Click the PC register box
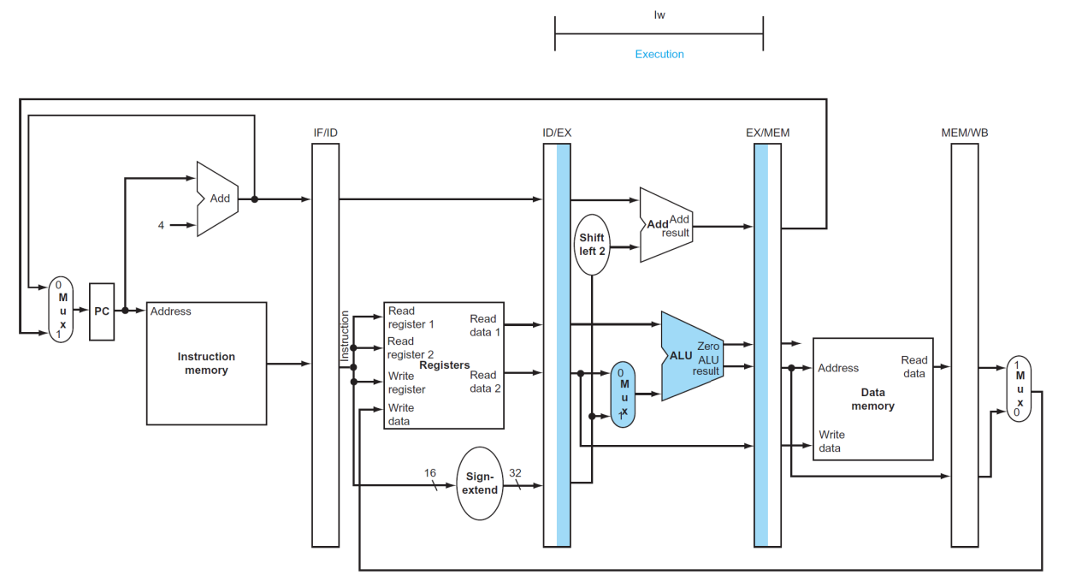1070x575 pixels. (102, 311)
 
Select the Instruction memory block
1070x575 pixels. (206, 364)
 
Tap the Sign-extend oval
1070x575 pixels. (480, 483)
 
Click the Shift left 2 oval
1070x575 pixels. (592, 245)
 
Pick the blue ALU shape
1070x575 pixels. (692, 356)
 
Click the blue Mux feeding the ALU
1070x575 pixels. (623, 394)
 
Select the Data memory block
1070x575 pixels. (872, 399)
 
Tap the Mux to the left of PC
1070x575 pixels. (61, 309)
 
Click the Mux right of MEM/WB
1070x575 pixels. (1019, 388)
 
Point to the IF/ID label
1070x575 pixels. (325, 133)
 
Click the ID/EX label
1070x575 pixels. (557, 133)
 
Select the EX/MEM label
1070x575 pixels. (767, 133)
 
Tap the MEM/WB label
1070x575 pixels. (965, 133)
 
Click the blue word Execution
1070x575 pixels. (659, 54)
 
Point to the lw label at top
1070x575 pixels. (659, 15)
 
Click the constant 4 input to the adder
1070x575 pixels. (161, 225)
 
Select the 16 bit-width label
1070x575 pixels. (430, 472)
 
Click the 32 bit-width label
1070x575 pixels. (515, 472)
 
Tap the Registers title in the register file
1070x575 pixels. (444, 365)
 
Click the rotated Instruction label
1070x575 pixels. (345, 336)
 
